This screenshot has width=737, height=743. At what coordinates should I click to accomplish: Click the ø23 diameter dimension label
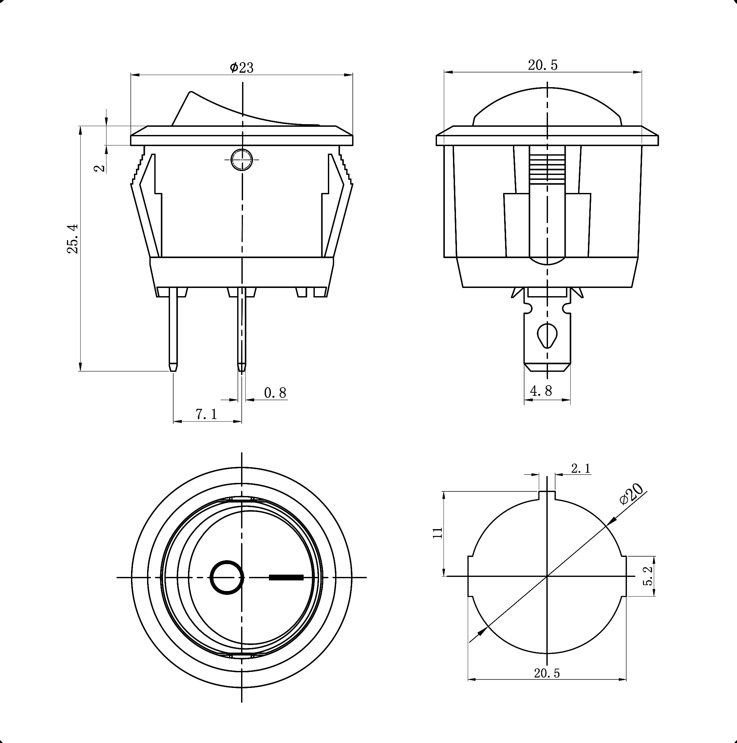pyautogui.click(x=242, y=68)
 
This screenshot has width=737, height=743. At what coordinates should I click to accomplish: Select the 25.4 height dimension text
pyautogui.click(x=73, y=238)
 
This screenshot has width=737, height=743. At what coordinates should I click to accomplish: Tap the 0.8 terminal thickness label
pyautogui.click(x=275, y=393)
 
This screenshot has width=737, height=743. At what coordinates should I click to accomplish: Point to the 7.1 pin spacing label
pyautogui.click(x=206, y=414)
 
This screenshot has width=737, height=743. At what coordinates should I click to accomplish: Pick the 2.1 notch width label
pyautogui.click(x=580, y=468)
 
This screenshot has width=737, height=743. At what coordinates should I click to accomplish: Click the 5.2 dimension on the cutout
pyautogui.click(x=649, y=576)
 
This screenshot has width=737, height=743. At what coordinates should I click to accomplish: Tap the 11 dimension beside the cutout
pyautogui.click(x=438, y=533)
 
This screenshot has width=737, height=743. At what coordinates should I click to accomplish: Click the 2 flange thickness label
pyautogui.click(x=100, y=168)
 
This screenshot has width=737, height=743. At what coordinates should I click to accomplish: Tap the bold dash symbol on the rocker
pyautogui.click(x=286, y=577)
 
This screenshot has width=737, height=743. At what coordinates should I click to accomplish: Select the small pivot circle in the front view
pyautogui.click(x=242, y=159)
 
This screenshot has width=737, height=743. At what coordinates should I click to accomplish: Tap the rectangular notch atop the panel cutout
pyautogui.click(x=547, y=496)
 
